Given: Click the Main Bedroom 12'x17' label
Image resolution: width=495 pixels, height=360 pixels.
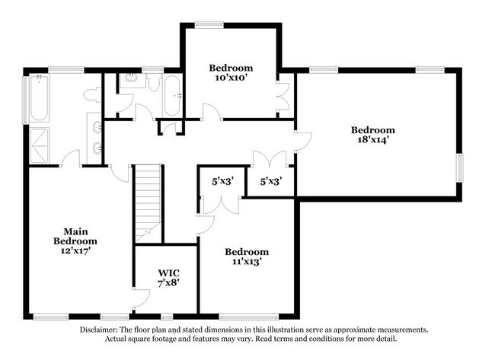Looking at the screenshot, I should (73, 241).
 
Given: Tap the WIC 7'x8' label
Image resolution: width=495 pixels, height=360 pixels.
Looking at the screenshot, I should (168, 277).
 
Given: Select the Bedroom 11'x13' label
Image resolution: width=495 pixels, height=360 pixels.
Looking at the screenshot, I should (247, 257).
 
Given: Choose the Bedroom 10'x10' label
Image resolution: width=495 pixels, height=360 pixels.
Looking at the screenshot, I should (232, 73).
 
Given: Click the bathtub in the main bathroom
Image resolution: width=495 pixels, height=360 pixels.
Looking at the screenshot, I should (37, 99).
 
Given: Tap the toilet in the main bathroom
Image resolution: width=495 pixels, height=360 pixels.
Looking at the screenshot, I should (92, 95).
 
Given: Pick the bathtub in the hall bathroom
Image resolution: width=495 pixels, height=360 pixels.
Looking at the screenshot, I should (172, 96).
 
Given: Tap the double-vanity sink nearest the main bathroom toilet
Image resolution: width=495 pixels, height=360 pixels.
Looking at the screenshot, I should (97, 126).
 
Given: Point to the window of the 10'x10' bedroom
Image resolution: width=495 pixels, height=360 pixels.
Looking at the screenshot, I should (203, 24).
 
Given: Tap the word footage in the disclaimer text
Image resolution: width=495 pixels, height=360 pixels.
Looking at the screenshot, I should (220, 339).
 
